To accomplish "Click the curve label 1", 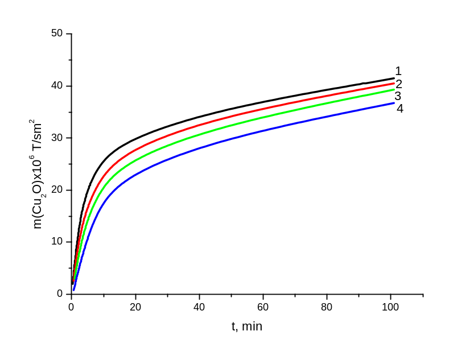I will (x=398, y=72).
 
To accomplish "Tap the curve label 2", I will (x=399, y=84).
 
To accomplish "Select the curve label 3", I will (x=398, y=96).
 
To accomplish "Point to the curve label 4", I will (x=399, y=108).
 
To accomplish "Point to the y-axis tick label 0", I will (x=60, y=293).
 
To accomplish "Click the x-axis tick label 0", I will (x=71, y=308).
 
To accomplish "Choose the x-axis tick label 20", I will (x=135, y=308).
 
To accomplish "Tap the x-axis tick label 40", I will (x=199, y=308).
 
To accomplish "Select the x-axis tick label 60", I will (x=263, y=308).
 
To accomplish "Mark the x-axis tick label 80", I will (x=327, y=308).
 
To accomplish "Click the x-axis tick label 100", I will (x=390, y=308).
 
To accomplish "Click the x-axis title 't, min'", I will (x=247, y=327).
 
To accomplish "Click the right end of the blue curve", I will (x=393, y=103).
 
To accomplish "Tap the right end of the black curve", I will (x=393, y=78).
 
